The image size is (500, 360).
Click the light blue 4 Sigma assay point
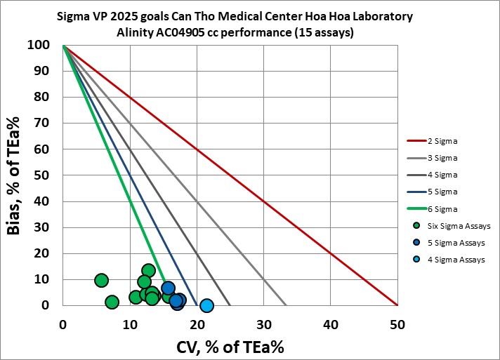coord(206,305)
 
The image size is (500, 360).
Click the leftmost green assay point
coord(101,280)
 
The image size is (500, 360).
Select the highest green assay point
coord(148,270)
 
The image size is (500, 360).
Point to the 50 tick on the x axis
coord(397,324)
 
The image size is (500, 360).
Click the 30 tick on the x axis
coord(263,324)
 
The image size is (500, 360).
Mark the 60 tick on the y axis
coord(49,149)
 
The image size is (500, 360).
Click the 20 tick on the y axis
coord(49,253)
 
